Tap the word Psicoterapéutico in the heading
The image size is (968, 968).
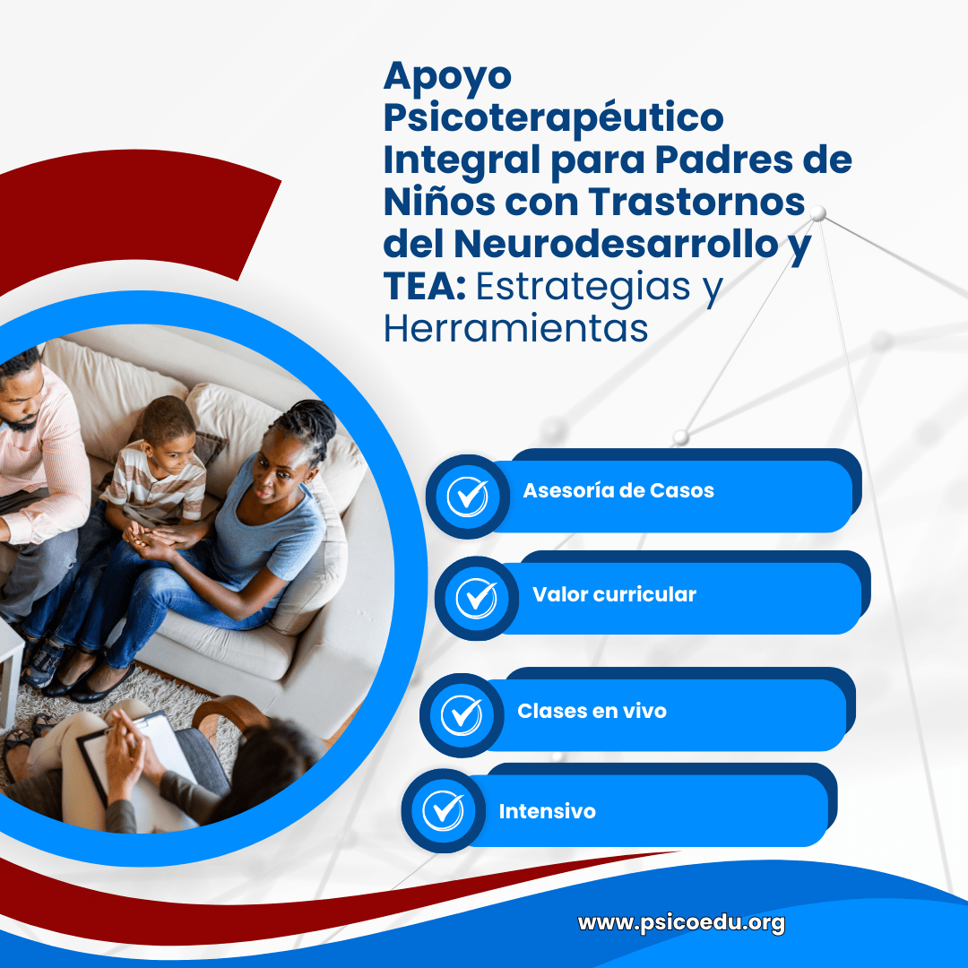[554, 119]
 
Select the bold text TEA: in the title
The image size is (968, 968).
[425, 287]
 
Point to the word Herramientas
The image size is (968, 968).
[515, 328]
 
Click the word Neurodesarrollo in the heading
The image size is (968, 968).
[616, 244]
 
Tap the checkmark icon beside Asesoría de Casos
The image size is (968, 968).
[467, 497]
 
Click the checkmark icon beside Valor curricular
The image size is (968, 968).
[476, 598]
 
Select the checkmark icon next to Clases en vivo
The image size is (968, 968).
[462, 715]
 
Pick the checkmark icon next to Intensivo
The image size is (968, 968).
[443, 810]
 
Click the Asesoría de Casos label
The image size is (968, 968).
[618, 490]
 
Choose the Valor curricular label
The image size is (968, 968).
[614, 594]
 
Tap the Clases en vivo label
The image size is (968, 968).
[592, 711]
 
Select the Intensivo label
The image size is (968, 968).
[547, 811]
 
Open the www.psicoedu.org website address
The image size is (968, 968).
[681, 923]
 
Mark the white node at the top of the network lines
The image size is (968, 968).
[818, 214]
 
